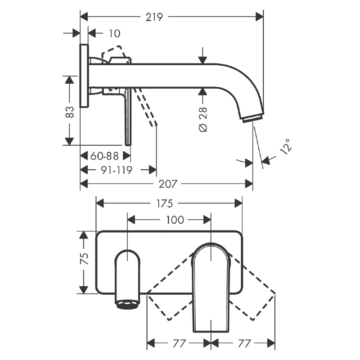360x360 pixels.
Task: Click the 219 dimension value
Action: coord(154,17)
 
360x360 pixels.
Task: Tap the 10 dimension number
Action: coord(114,33)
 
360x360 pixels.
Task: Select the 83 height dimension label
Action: coord(70,112)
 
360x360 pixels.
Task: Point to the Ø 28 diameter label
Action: coord(203,119)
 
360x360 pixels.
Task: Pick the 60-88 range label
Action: coord(104,156)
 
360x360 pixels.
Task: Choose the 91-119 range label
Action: coord(117,170)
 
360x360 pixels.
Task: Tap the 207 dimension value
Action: coord(168,184)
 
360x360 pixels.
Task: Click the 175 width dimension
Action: coord(164,203)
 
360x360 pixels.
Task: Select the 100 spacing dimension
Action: coord(175,220)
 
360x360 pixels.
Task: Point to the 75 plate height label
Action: coord(85,258)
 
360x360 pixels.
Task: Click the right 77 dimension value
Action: coord(243,344)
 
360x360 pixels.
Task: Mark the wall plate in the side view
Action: coord(84,76)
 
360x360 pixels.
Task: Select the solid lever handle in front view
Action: coord(211,288)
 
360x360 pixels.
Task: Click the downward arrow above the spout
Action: coord(202,55)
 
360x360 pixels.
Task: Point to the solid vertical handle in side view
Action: coord(128,117)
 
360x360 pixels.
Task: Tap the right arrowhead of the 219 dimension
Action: coord(260,17)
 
